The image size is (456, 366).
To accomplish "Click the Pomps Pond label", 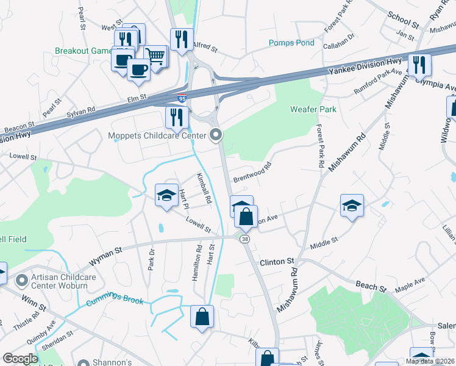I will tap(292, 43).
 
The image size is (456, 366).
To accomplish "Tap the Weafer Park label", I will tap(313, 109).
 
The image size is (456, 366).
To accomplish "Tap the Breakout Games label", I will tap(84, 51).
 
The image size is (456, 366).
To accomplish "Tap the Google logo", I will tap(20, 359).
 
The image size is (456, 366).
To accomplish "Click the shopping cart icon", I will tap(156, 57).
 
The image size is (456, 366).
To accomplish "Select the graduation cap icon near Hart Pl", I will tap(166, 195).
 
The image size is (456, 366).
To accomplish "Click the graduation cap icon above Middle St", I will tap(352, 206).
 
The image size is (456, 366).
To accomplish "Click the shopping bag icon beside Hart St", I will tap(202, 317).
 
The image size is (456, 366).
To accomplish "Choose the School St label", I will tap(404, 20).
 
